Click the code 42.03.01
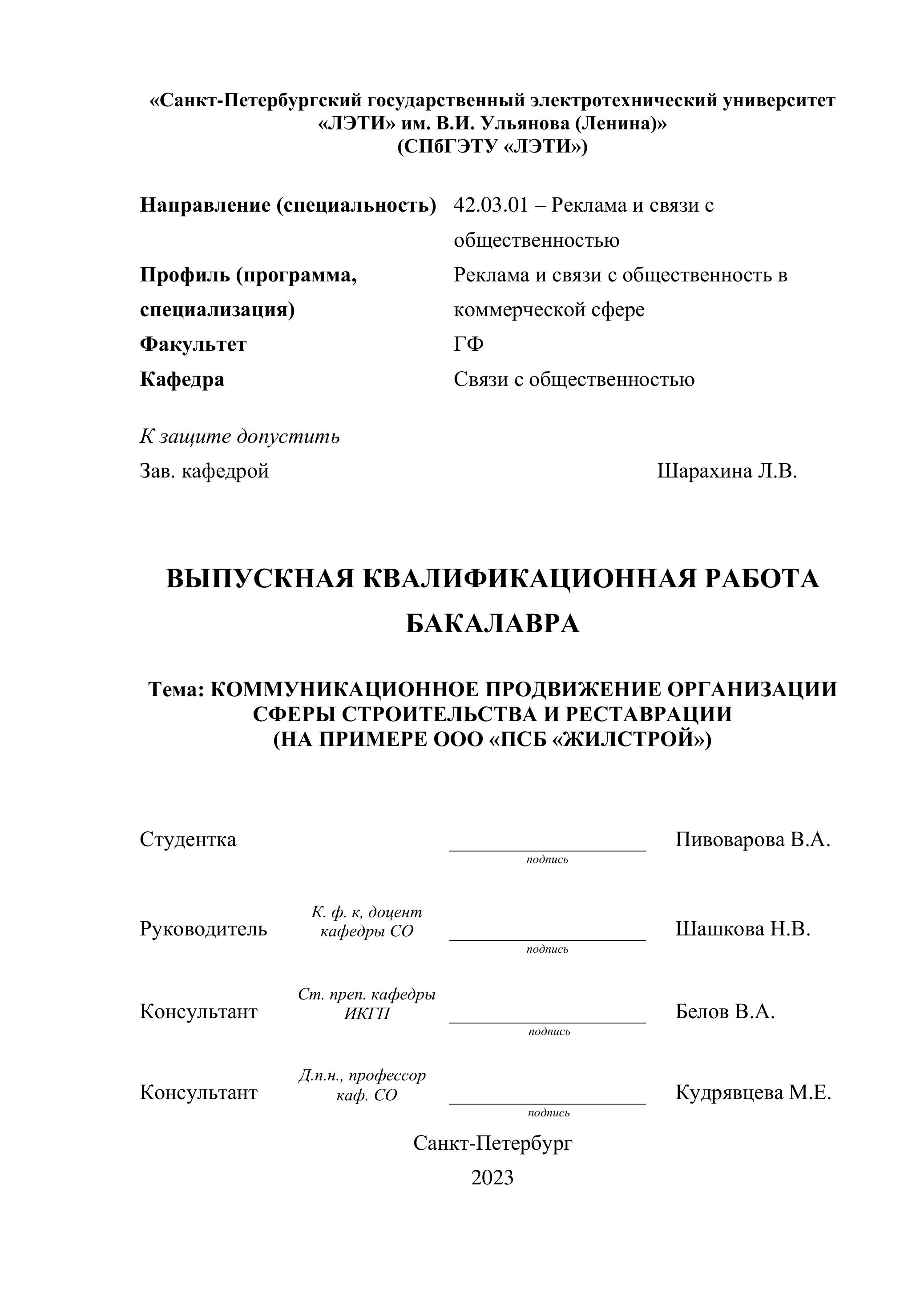tap(491, 205)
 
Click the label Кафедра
tap(182, 379)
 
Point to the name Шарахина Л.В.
tap(727, 471)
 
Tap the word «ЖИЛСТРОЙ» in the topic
tap(628, 739)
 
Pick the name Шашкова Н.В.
tap(742, 929)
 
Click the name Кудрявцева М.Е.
tap(753, 1092)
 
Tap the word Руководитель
tap(203, 929)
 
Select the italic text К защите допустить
tap(240, 437)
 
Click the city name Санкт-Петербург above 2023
tap(493, 1143)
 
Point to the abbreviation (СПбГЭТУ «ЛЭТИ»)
tap(492, 147)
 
